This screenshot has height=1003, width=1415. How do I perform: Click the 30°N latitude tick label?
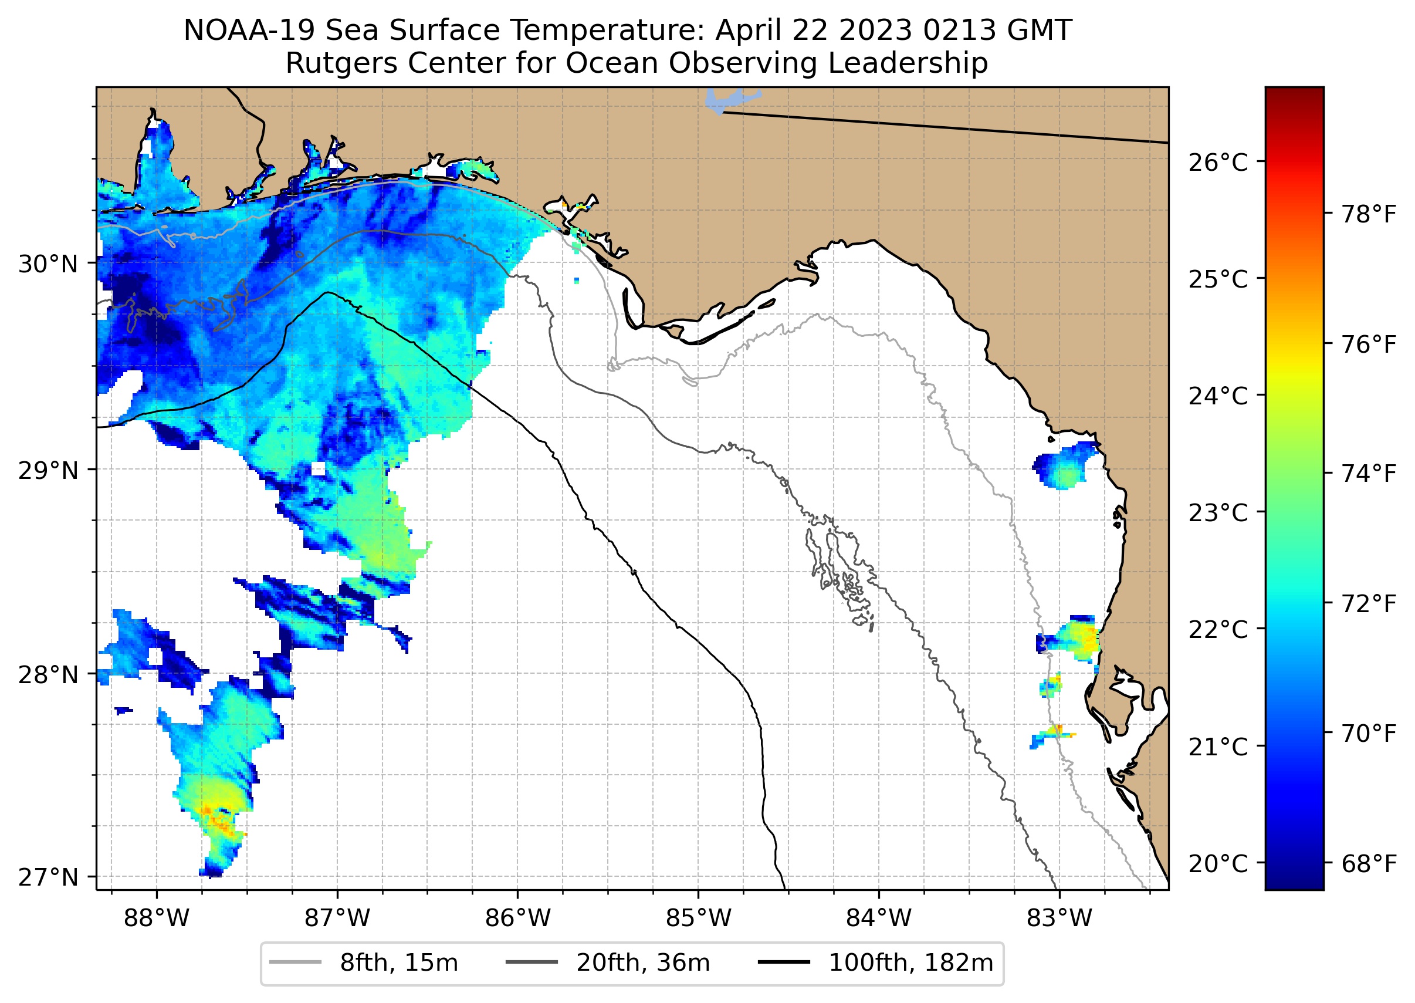[x=48, y=264]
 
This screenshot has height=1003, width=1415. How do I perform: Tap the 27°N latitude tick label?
[x=48, y=877]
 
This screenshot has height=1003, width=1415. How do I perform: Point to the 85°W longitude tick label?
[x=698, y=918]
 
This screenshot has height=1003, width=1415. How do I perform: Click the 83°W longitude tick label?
[x=1059, y=918]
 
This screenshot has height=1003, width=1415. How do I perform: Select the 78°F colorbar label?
[x=1369, y=215]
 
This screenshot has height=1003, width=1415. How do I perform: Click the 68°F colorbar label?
[x=1369, y=863]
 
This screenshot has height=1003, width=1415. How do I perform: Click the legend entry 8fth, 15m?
[x=399, y=963]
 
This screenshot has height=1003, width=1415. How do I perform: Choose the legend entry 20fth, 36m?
[x=643, y=963]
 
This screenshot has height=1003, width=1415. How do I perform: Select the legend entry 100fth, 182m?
[x=910, y=963]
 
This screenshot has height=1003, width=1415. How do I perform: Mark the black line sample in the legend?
[x=783, y=963]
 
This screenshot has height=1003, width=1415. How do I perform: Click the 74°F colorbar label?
[x=1369, y=474]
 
